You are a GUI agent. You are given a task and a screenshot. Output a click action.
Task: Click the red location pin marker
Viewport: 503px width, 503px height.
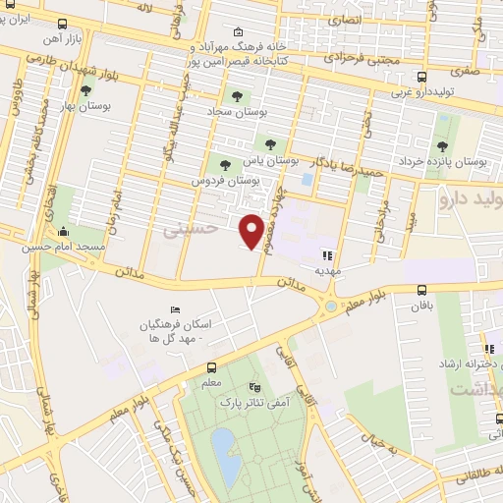(253, 231)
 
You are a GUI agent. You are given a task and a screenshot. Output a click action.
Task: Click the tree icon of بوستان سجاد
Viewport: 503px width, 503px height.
(236, 96)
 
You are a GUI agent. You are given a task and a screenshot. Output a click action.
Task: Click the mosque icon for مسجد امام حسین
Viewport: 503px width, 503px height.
(65, 233)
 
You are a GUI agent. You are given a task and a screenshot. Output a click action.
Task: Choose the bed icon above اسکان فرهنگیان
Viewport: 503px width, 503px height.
(176, 310)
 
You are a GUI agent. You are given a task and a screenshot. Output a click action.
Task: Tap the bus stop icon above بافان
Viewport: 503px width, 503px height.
(421, 290)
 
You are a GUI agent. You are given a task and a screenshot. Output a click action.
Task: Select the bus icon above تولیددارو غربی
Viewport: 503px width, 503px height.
(420, 77)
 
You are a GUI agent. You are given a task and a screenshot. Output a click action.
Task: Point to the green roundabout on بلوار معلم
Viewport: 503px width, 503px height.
(330, 307)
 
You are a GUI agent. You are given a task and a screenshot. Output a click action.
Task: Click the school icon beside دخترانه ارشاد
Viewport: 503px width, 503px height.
(488, 348)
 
